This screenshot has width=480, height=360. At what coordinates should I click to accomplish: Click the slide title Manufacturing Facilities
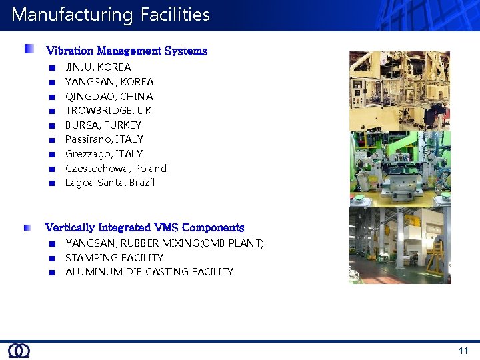[111, 15]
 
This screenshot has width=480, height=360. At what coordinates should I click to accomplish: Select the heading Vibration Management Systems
[127, 51]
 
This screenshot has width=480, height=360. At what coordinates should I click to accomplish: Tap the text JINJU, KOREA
[98, 67]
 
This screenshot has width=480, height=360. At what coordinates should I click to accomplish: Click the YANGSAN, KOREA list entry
[109, 82]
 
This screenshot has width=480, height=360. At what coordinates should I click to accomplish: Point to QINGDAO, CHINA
[109, 97]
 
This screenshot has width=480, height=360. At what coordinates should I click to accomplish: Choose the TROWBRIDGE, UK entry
[108, 111]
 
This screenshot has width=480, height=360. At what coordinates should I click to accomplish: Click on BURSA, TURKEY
[103, 125]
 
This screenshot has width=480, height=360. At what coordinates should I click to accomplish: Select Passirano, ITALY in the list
[104, 139]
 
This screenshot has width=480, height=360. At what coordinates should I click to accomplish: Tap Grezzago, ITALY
[104, 154]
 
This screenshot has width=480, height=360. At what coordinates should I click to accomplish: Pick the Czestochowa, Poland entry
[115, 169]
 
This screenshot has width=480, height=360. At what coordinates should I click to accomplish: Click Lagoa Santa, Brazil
[109, 183]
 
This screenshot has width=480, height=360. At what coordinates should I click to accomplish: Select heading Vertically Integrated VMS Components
[145, 228]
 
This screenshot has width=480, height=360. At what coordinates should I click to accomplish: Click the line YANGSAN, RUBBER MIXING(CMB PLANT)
[165, 243]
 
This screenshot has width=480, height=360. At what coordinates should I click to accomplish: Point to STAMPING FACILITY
[114, 258]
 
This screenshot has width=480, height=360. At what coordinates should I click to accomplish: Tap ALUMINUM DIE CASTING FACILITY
[149, 272]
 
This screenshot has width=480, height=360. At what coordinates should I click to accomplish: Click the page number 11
[463, 351]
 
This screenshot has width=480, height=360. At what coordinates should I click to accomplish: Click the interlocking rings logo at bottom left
[19, 351]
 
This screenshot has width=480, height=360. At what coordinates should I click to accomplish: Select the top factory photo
[400, 91]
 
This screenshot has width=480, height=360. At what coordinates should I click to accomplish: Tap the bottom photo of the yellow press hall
[400, 245]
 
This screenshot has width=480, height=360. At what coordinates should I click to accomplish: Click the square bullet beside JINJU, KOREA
[52, 67]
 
